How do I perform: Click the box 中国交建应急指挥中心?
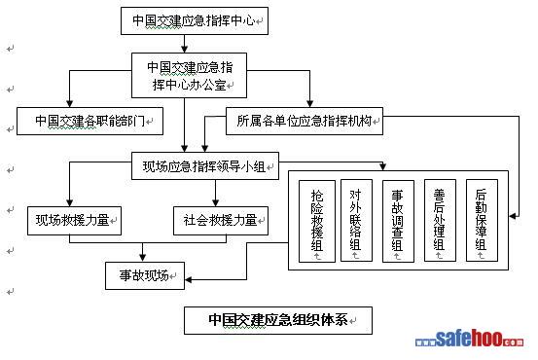pyautogui.click(x=195, y=21)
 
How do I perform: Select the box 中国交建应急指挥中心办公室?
pyautogui.click(x=189, y=76)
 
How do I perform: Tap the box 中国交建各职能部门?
pyautogui.click(x=90, y=122)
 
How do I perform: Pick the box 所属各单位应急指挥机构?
pyautogui.click(x=305, y=122)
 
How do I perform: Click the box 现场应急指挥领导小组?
pyautogui.click(x=205, y=166)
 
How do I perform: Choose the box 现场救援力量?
pyautogui.click(x=75, y=221)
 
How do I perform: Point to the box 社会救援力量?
pyautogui.click(x=221, y=221)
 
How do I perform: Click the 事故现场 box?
pyautogui.click(x=145, y=276)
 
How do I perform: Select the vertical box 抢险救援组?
pyautogui.click(x=317, y=222)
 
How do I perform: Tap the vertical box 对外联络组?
pyautogui.click(x=356, y=220)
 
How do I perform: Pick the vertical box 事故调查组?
pyautogui.click(x=398, y=222)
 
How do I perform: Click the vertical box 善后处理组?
pyautogui.click(x=440, y=220)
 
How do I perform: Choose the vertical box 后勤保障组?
pyautogui.click(x=483, y=220)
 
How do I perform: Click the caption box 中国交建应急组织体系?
pyautogui.click(x=278, y=320)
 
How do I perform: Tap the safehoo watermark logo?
pyautogui.click(x=469, y=339)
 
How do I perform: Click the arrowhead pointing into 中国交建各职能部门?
pyautogui.click(x=70, y=104)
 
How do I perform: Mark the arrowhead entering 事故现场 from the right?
pyautogui.click(x=189, y=279)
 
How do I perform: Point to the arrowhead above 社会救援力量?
pyautogui.click(x=215, y=202)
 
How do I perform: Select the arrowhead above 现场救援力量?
pyautogui.click(x=70, y=202)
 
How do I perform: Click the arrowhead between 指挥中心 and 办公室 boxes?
pyautogui.click(x=185, y=49)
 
